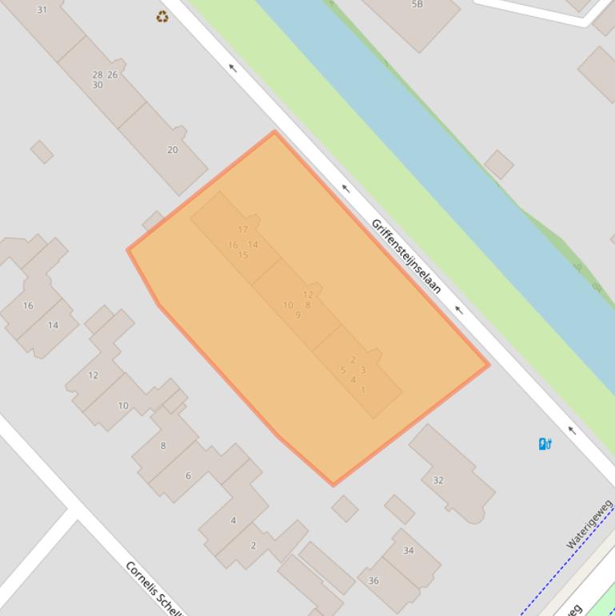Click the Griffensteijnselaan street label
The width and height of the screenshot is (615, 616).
coord(406,255)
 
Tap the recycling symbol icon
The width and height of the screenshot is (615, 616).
coord(162,17)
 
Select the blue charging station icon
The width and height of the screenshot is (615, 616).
coord(545,444)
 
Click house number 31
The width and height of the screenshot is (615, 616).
coord(42,10)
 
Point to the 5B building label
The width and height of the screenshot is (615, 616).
coord(417,4)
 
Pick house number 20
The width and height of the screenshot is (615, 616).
coord(172,150)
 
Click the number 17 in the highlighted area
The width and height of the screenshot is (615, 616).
coord(242,230)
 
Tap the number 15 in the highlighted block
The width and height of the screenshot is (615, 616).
coord(242,255)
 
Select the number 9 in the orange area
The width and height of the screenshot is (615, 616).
coord(298,315)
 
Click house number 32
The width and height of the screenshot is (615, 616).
coord(437,480)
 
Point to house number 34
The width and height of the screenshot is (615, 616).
coord(408,550)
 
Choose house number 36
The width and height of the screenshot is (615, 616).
coord(373,581)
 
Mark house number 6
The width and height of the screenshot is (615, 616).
coord(188,475)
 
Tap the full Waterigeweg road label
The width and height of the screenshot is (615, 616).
coord(589,525)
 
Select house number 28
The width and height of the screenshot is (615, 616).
coord(97,75)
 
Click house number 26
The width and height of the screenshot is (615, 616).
coord(112,75)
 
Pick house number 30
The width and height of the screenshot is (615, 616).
coord(97,85)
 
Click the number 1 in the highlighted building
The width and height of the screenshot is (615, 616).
coord(362,390)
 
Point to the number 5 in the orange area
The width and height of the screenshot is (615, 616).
coord(343,370)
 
